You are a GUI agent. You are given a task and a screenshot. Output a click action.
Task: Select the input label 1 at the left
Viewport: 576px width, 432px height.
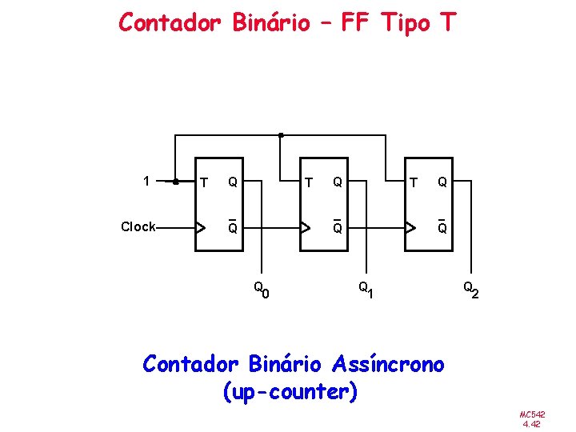click(x=145, y=181)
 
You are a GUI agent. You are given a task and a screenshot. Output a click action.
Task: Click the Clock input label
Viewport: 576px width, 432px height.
click(x=138, y=227)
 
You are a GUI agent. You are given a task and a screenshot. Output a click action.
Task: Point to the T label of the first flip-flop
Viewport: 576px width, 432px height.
click(x=204, y=182)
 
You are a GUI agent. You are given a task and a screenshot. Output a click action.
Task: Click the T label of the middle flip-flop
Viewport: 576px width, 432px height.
click(x=308, y=182)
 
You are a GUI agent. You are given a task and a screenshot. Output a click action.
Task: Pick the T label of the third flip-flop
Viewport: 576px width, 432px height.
click(x=413, y=182)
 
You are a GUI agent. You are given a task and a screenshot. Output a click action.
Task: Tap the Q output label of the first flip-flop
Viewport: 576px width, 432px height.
click(x=232, y=182)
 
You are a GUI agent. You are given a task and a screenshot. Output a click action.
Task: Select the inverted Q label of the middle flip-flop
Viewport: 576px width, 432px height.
click(x=338, y=227)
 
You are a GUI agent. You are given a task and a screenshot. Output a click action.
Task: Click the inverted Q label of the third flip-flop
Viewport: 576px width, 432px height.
click(x=442, y=227)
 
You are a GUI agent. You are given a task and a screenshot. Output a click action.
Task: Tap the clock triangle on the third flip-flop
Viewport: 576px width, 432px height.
click(x=410, y=227)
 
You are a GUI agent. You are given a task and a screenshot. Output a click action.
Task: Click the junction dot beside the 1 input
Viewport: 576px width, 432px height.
click(x=176, y=182)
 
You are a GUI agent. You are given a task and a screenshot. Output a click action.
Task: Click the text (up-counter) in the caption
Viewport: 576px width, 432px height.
click(x=292, y=393)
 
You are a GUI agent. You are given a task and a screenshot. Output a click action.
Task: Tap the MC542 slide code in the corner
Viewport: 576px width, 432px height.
click(x=532, y=414)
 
